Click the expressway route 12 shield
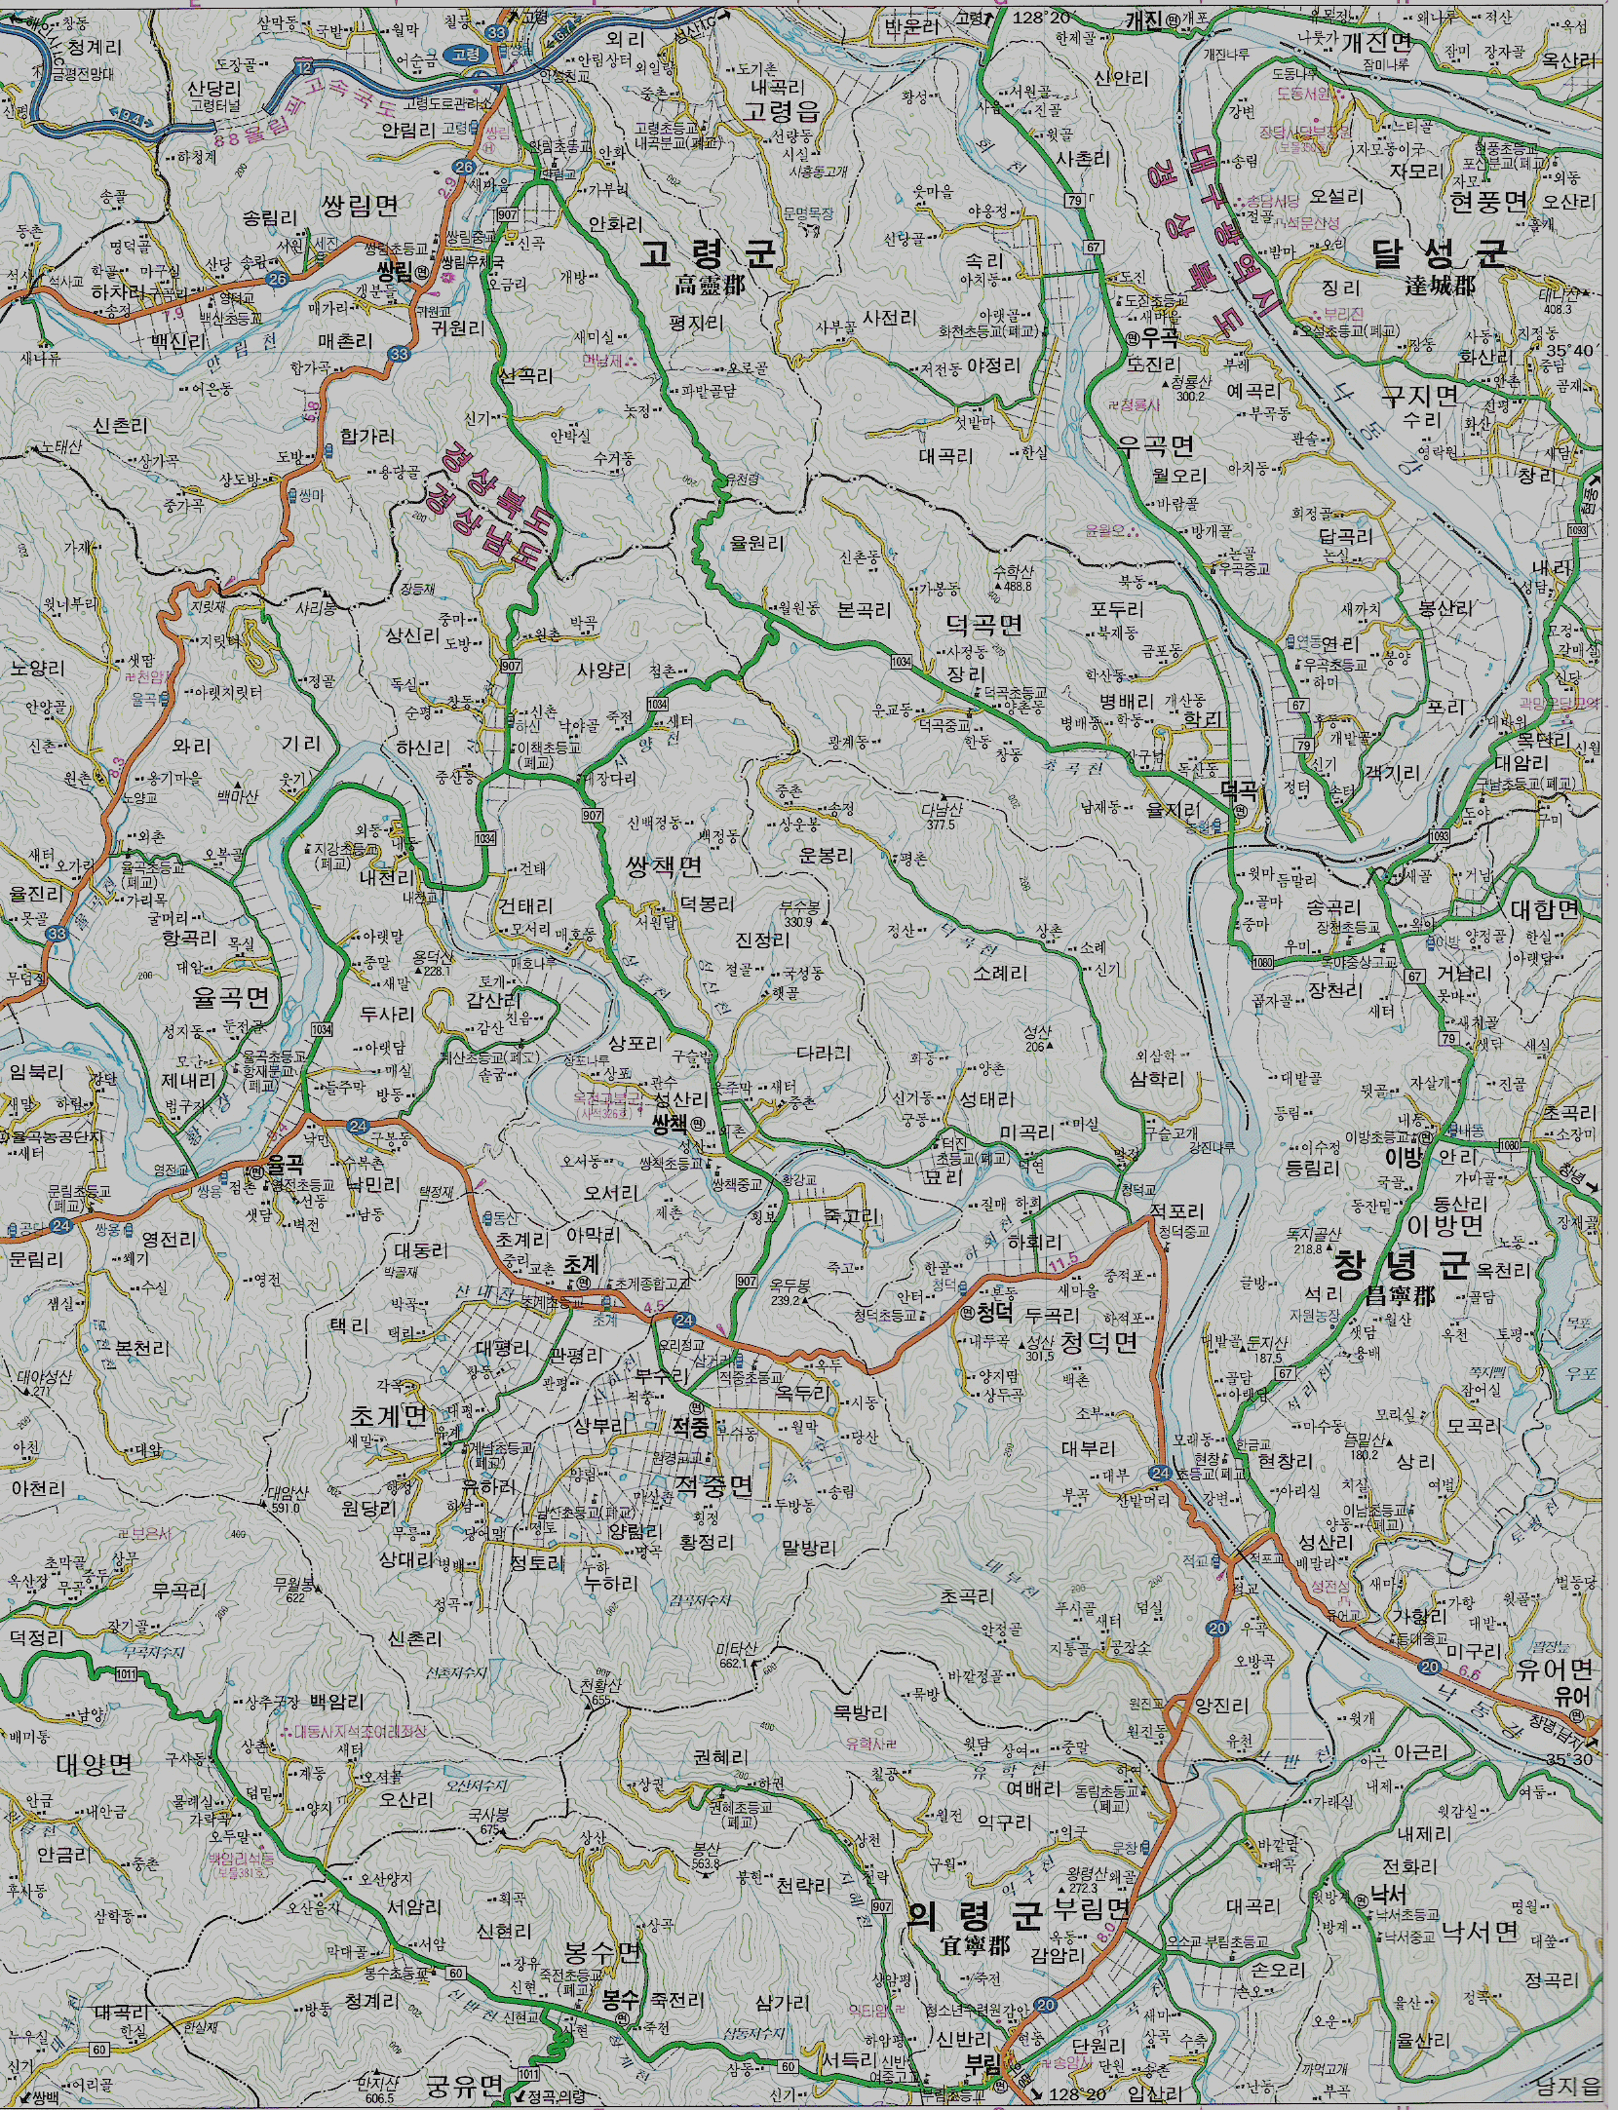305,66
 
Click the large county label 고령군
709,255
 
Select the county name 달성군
1440,254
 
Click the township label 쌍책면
664,866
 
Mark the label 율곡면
231,997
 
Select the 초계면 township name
388,1416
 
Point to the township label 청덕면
1098,1344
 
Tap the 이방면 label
1445,1225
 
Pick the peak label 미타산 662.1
736,1654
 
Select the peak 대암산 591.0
289,1499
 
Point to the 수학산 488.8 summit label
1013,577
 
